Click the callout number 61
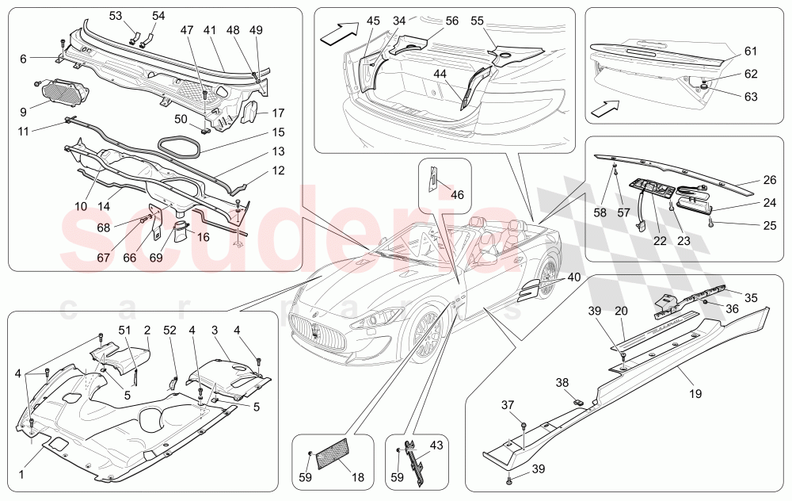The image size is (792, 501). (751, 52)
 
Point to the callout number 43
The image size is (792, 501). (436, 446)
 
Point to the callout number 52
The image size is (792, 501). (170, 330)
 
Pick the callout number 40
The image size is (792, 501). (573, 277)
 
